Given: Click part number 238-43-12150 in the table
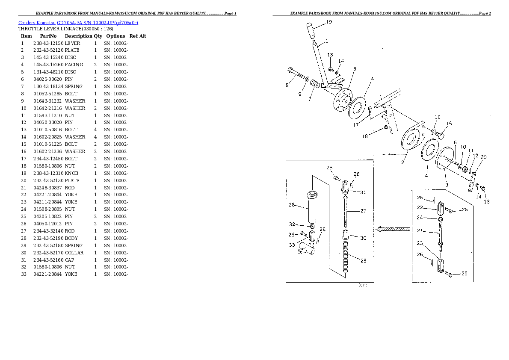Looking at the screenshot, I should pyautogui.click(x=48, y=43).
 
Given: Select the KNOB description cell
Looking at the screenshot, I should pyautogui.click(x=71, y=173).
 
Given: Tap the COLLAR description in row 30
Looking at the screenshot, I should pyautogui.click(x=74, y=253).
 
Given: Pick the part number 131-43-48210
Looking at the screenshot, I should pyautogui.click(x=48, y=72).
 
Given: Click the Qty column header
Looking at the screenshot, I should pyautogui.click(x=98, y=36).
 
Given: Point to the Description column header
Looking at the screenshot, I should pyautogui.click(x=78, y=36).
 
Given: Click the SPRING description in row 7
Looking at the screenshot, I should pyautogui.click(x=74, y=87).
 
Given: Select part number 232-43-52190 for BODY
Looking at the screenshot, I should pyautogui.click(x=48, y=238).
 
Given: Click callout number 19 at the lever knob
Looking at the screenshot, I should pyautogui.click(x=329, y=21).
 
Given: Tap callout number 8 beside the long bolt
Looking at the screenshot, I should pyautogui.click(x=287, y=86).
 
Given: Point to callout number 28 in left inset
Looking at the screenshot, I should pyautogui.click(x=292, y=205).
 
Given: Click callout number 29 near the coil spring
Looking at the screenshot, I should pyautogui.click(x=364, y=260).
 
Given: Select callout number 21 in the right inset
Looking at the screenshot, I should pyautogui.click(x=420, y=231).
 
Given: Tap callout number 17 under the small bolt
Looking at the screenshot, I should pyautogui.click(x=355, y=125).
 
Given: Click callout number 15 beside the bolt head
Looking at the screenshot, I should pyautogui.click(x=449, y=124).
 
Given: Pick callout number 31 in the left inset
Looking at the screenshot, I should pyautogui.click(x=363, y=192).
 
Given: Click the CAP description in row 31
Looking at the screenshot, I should pyautogui.click(x=70, y=260).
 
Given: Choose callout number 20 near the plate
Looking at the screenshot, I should pyautogui.click(x=484, y=157).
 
